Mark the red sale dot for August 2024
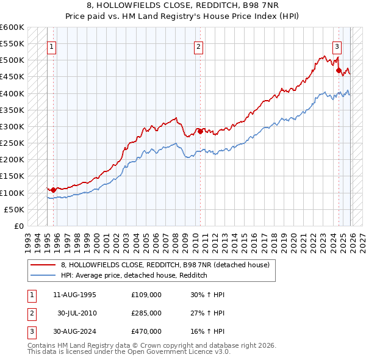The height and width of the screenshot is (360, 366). [x=339, y=70]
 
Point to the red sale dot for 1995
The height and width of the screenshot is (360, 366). [x=54, y=190]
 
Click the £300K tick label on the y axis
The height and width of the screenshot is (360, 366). [x=12, y=126]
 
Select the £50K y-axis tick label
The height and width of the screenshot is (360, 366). [x=15, y=209]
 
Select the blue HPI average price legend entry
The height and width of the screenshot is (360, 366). [x=134, y=275]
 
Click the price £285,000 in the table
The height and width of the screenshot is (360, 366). [x=146, y=313]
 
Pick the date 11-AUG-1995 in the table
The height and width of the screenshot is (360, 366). [x=74, y=295]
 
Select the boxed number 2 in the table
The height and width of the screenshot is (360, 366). [x=30, y=313]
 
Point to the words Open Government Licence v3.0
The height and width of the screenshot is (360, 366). [x=180, y=352]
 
